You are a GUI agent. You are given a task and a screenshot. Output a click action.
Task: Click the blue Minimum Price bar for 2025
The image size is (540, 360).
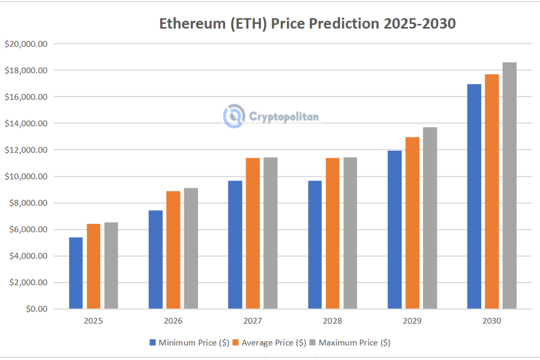[76, 273]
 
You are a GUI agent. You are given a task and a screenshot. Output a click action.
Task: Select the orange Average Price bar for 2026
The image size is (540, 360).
[173, 250]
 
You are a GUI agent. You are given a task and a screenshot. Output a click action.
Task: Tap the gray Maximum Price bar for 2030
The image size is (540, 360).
[509, 185]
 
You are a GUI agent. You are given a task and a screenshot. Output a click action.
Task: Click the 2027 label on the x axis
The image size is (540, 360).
[253, 321]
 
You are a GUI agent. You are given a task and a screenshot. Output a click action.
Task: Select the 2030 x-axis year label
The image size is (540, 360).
[491, 321]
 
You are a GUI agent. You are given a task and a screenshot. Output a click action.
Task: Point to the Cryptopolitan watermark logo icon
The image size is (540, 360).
[233, 116]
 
